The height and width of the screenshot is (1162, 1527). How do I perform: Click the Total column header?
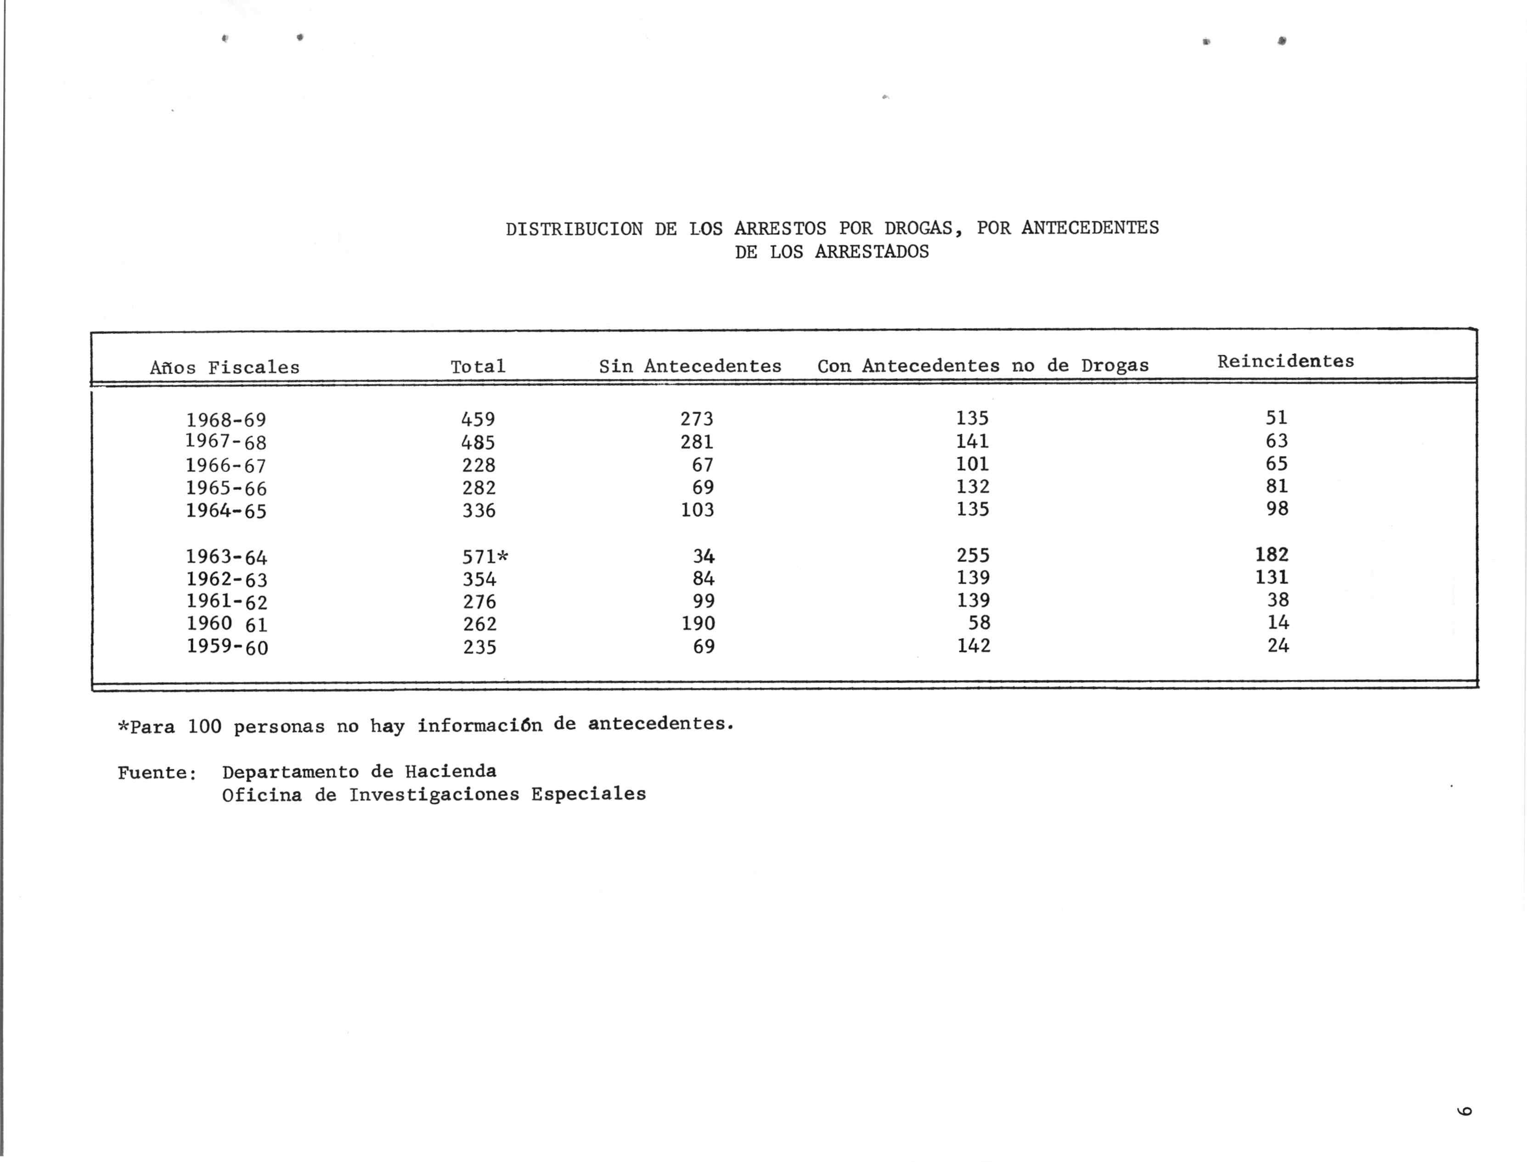click(478, 367)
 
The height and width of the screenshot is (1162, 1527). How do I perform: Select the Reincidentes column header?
click(1285, 361)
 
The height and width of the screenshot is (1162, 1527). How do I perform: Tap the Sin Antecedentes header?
click(690, 367)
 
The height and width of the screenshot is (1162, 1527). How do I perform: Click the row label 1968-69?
click(226, 420)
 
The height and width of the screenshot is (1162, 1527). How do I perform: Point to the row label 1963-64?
click(226, 557)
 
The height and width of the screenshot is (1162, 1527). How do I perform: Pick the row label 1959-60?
click(227, 648)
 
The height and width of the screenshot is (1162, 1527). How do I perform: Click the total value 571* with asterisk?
click(485, 557)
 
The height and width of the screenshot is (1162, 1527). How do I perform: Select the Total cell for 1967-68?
click(478, 442)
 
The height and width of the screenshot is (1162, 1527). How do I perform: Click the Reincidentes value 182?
click(1272, 555)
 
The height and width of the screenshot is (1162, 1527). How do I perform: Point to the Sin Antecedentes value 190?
click(698, 624)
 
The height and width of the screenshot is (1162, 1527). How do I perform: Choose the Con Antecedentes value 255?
click(973, 555)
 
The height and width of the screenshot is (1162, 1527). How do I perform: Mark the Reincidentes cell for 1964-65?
click(1277, 509)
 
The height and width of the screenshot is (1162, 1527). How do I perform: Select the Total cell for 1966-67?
click(479, 465)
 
